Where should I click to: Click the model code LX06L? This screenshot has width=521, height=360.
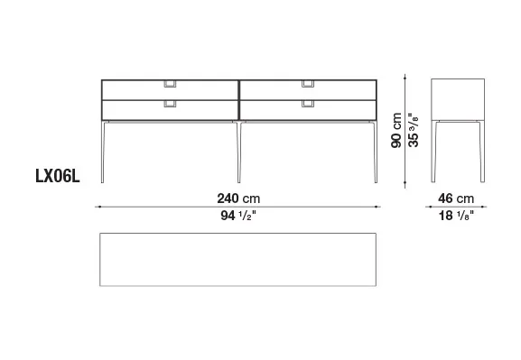[x=58, y=176]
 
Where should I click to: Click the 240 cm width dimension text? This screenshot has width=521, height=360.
[x=238, y=198]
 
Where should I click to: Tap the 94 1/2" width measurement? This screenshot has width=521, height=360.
[x=238, y=216]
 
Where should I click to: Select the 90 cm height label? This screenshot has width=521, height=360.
[x=396, y=130]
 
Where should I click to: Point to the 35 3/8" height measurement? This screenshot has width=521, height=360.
[x=414, y=130]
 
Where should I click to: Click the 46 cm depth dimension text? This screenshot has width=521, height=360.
[x=456, y=198]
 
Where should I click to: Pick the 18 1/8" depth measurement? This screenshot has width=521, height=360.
[x=456, y=216]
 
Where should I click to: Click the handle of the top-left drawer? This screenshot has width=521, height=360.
[x=170, y=84]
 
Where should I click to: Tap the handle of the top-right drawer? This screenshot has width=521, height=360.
[x=308, y=84]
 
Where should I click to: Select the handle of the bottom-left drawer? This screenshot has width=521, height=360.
[x=170, y=104]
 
